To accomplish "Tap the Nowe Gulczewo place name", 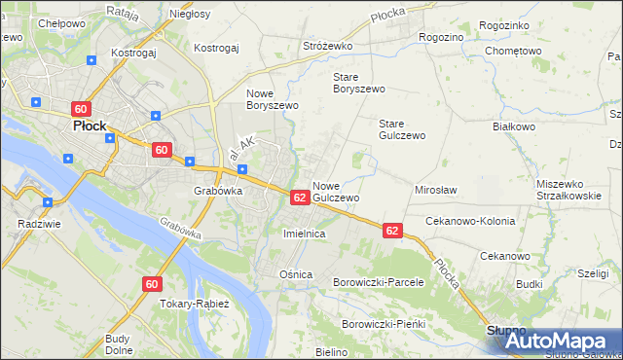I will coord(337,191).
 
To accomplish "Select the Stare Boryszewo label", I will coord(359,82).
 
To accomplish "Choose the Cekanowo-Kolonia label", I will coord(470,221).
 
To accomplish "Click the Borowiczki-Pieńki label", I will coord(385,323).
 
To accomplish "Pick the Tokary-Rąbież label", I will coord(195,304).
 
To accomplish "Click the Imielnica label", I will coord(303,234).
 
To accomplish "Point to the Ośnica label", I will coord(296,274).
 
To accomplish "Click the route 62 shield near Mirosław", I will coord(392,231).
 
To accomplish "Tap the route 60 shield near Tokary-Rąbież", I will coord(151,284).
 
